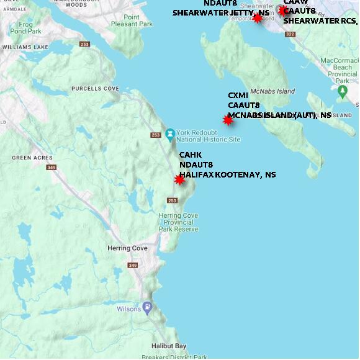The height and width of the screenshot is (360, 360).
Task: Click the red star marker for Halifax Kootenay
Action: (180, 180)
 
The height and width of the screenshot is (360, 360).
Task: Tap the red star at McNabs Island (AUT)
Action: (228, 120)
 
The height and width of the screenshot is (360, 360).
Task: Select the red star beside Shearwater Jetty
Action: (258, 18)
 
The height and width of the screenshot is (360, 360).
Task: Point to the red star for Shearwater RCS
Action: (283, 10)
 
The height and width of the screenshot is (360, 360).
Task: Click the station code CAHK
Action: (190, 155)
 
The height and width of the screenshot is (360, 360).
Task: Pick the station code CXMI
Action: (238, 95)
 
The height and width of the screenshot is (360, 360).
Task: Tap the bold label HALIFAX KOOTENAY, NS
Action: (227, 175)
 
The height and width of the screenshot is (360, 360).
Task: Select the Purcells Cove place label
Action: (95, 89)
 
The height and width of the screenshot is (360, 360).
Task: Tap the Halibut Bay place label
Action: (169, 346)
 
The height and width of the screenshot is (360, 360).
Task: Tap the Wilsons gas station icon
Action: (147, 307)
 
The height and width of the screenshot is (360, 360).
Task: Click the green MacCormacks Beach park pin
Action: (342, 92)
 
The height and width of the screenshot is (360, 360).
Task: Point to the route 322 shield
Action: (290, 34)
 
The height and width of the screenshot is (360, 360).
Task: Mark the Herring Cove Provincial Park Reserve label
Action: (179, 222)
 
